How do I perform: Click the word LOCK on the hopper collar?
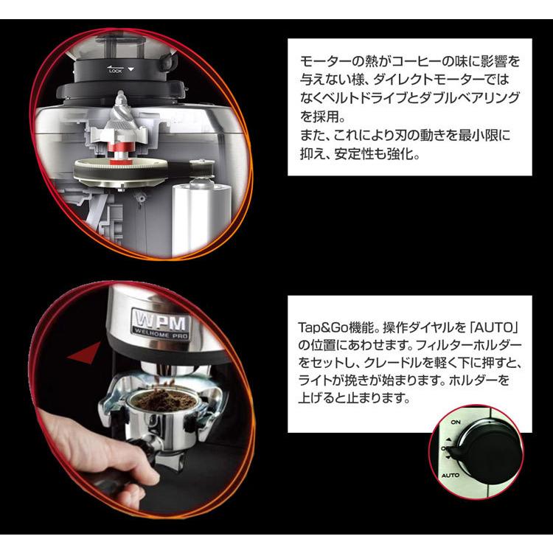tap(115, 71)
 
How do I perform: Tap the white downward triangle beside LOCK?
tap(132, 69)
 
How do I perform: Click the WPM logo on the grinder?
tap(161, 322)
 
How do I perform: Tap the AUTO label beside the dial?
tap(452, 476)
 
